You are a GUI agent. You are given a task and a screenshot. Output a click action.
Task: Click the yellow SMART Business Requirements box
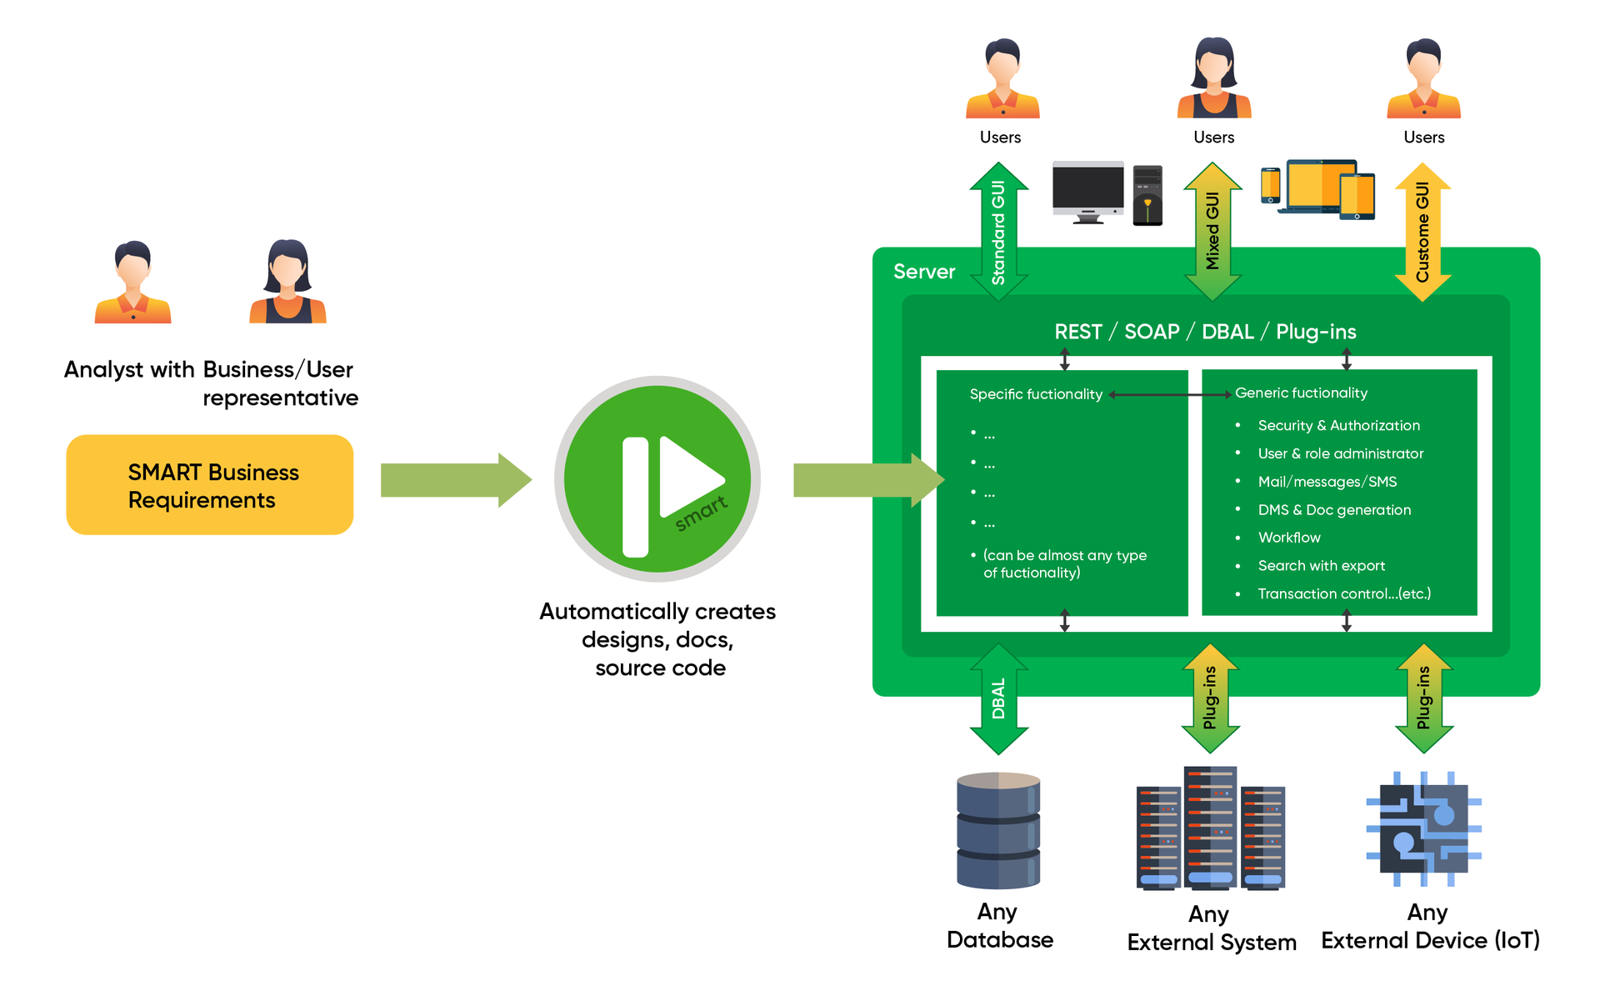click(209, 484)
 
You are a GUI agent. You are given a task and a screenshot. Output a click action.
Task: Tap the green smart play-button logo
click(657, 478)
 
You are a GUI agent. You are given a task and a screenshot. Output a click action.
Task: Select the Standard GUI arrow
click(998, 233)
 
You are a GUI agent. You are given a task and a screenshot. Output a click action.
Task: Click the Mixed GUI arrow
click(1212, 232)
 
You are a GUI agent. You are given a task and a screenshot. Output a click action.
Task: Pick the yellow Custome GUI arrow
click(1422, 233)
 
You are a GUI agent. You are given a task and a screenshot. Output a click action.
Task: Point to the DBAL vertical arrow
click(998, 698)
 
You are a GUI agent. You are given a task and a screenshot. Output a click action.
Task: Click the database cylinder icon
click(998, 830)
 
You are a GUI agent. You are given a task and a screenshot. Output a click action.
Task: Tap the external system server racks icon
click(1210, 828)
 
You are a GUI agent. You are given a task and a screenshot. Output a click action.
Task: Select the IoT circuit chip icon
click(1423, 828)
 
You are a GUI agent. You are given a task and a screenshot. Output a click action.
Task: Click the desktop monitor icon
click(1087, 192)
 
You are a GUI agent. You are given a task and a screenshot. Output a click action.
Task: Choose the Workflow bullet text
click(1288, 538)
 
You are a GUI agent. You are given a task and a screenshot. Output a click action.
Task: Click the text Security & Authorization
click(1338, 425)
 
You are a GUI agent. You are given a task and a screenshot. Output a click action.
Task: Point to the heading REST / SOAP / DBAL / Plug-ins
click(1205, 332)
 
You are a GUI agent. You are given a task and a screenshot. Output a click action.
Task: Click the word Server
click(923, 272)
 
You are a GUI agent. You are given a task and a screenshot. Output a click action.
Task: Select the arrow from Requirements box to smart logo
click(455, 480)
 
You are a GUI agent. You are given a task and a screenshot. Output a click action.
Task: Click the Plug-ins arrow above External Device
click(1423, 698)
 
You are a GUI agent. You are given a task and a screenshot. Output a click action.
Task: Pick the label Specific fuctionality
click(1035, 394)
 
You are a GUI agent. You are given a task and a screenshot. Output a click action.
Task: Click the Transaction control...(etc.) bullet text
click(1343, 593)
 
